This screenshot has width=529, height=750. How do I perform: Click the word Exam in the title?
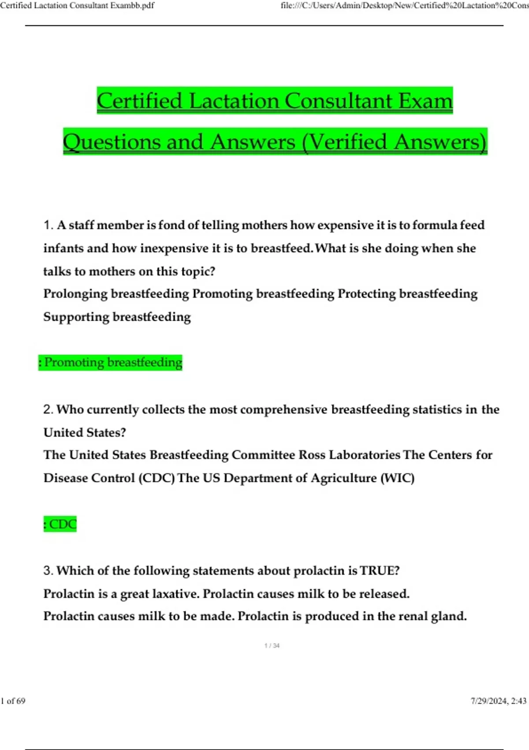coord(425,101)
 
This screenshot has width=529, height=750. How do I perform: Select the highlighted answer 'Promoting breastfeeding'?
coord(111,363)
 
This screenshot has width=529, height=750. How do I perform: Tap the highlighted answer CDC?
coord(60,525)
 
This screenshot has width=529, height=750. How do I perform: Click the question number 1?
coord(48,225)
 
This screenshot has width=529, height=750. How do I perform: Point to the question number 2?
coord(48,410)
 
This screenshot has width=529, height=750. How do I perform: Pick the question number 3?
coord(48,571)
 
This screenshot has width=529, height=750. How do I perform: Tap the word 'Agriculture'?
coord(344,478)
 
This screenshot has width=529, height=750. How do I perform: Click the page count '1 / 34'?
coord(272,646)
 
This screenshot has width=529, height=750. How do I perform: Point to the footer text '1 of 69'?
coord(13,701)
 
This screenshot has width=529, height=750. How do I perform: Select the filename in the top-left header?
coord(77,6)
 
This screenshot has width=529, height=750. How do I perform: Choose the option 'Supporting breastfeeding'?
coord(117,317)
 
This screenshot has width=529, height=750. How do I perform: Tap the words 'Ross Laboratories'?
coord(350,455)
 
